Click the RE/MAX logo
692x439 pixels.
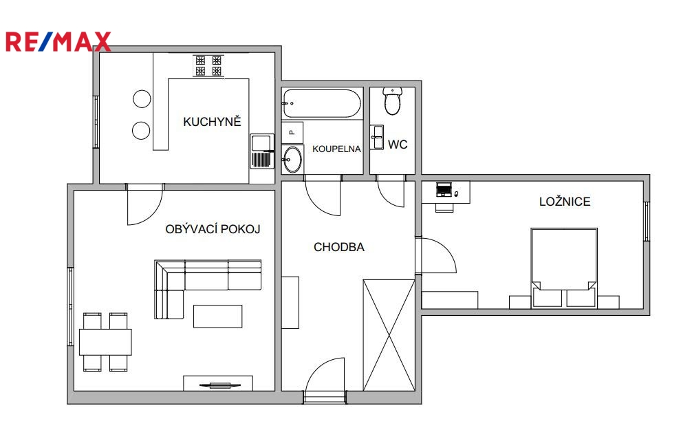click(x=58, y=42)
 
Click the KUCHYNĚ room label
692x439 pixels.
click(x=212, y=122)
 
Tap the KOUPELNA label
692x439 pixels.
click(x=336, y=149)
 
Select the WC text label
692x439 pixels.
click(x=398, y=144)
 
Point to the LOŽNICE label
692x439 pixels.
click(x=565, y=202)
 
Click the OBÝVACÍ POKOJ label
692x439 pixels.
click(x=213, y=228)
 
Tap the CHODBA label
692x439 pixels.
click(x=339, y=247)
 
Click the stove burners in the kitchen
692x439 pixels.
click(x=208, y=65)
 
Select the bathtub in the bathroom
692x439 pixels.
click(x=322, y=103)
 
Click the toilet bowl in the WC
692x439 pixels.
click(x=392, y=100)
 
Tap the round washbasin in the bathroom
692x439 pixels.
click(x=292, y=159)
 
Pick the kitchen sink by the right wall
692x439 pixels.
click(x=262, y=151)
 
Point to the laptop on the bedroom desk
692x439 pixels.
click(x=444, y=189)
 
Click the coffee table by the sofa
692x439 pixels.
click(x=217, y=317)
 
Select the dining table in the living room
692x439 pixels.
click(x=105, y=342)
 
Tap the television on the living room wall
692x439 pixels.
click(x=220, y=385)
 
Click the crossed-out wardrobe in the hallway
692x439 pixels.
click(x=389, y=335)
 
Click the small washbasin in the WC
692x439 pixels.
click(x=377, y=138)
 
